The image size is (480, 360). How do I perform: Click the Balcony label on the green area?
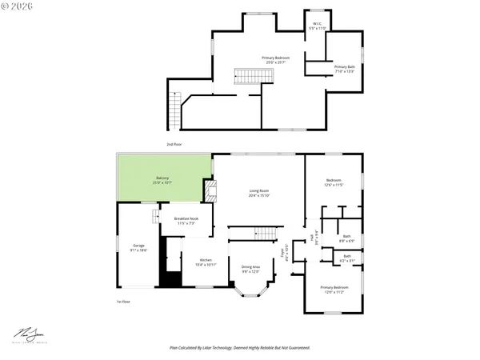pos(162,181)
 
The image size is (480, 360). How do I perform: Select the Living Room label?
pos(258,193)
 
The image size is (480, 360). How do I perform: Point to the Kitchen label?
pos(206,262)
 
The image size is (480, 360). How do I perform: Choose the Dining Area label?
pos(250,268)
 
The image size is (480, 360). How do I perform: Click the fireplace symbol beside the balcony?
pos(210,190)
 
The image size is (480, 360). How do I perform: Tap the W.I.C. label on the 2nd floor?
pos(317,26)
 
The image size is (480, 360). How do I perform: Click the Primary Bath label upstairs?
pos(345,69)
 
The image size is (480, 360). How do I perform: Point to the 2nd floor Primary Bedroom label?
pos(276,60)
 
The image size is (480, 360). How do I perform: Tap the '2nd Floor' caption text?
pos(174,144)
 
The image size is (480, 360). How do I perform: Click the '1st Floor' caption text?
pos(123,302)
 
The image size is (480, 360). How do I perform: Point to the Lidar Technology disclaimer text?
pos(240,348)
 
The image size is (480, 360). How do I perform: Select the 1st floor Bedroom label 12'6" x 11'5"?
pos(334,182)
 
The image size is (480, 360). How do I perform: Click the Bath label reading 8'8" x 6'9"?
pos(346,238)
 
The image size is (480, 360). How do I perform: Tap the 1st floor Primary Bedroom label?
pos(334,289)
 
